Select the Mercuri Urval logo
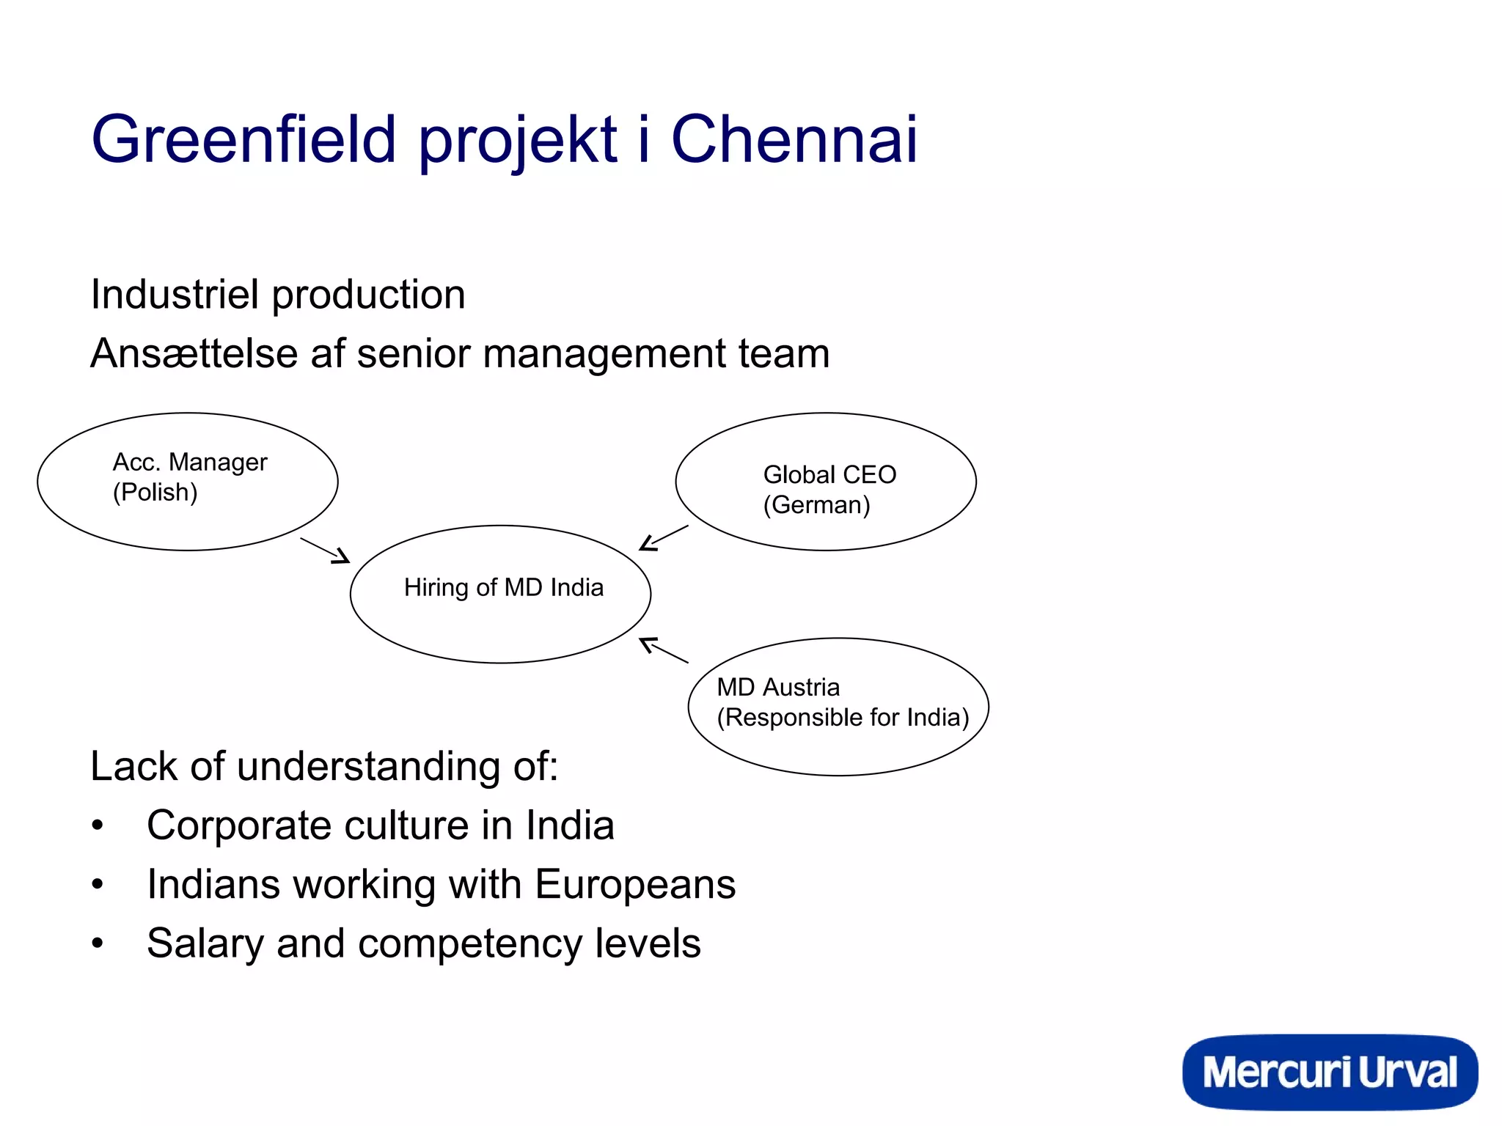(x=1330, y=1072)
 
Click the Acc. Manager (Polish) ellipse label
(x=189, y=476)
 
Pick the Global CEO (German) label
(x=829, y=489)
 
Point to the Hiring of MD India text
(x=503, y=587)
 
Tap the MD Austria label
(x=778, y=687)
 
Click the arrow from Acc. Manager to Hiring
(x=325, y=551)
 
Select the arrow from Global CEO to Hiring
(x=664, y=538)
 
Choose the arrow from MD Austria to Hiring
(x=664, y=650)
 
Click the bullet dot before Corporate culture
(x=98, y=825)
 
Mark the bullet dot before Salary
(x=98, y=943)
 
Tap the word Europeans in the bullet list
(x=634, y=884)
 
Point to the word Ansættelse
(x=194, y=353)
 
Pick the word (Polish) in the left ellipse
(x=155, y=492)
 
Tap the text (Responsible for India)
(x=842, y=717)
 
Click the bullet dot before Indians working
(x=98, y=884)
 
